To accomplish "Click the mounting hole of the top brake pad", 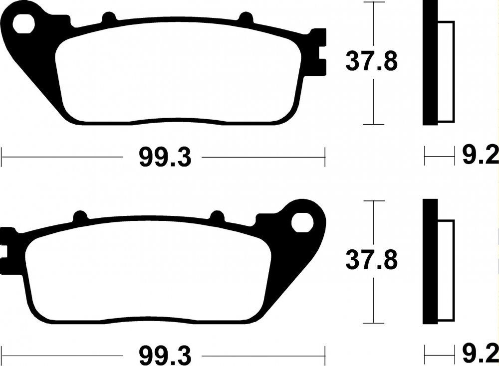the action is pyautogui.click(x=23, y=23).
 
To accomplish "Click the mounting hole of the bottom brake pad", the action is pyautogui.click(x=302, y=222).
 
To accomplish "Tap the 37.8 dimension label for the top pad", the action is pyautogui.click(x=371, y=62).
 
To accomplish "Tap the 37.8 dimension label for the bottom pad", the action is pyautogui.click(x=371, y=260).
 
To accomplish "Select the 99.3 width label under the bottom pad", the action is pyautogui.click(x=165, y=356).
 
